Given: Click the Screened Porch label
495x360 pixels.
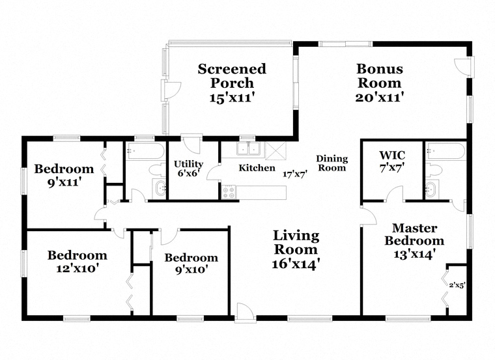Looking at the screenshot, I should [x=232, y=76].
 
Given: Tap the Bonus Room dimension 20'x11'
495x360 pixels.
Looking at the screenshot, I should [x=379, y=97].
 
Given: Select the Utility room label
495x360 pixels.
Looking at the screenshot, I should [x=189, y=164].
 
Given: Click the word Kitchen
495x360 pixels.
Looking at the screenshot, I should [x=257, y=168].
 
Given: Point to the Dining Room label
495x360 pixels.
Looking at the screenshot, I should [x=332, y=163].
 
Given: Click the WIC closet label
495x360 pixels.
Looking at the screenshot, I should [x=392, y=156].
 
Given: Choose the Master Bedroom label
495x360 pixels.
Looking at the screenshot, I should [x=414, y=234].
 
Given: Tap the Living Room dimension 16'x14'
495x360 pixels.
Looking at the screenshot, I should [x=296, y=264].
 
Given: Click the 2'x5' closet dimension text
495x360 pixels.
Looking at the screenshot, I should [x=457, y=284].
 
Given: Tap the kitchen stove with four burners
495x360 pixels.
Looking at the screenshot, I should [x=229, y=192].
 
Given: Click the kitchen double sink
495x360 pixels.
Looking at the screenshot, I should [x=247, y=149].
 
